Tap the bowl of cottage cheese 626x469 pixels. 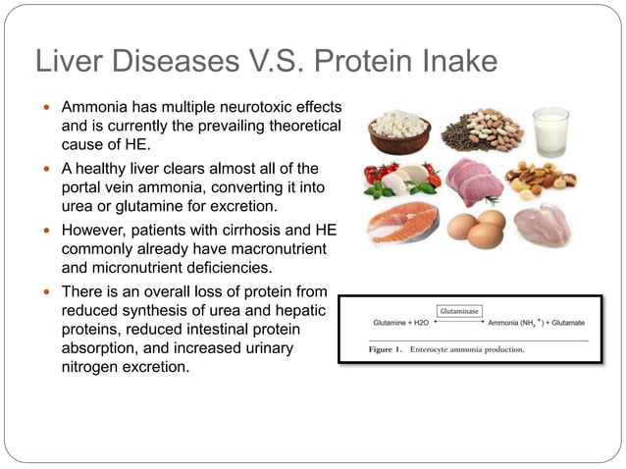click(x=399, y=133)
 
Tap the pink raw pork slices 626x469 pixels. click(x=472, y=182)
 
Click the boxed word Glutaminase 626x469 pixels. click(x=458, y=310)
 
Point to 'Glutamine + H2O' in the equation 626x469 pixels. click(x=402, y=323)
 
